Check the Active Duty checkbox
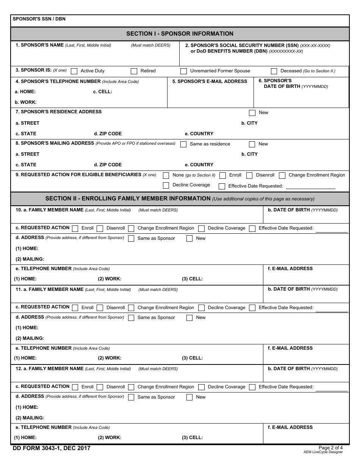[x=74, y=71]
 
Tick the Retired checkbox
[x=134, y=71]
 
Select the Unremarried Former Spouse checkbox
[x=183, y=71]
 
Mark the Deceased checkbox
[x=274, y=71]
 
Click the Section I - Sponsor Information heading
[x=180, y=34]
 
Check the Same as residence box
[x=183, y=144]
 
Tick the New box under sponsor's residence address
[x=252, y=113]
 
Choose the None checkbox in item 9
[x=166, y=175]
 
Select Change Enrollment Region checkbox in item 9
[x=282, y=175]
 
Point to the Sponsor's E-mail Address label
[x=210, y=81]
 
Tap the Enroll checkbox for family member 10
[x=75, y=228]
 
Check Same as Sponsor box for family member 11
[x=131, y=318]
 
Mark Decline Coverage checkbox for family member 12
[x=201, y=387]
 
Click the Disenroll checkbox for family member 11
[x=100, y=308]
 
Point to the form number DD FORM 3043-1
[x=52, y=449]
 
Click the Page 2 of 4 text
[x=330, y=447]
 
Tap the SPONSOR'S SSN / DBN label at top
[x=39, y=19]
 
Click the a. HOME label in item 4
[x=25, y=92]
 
